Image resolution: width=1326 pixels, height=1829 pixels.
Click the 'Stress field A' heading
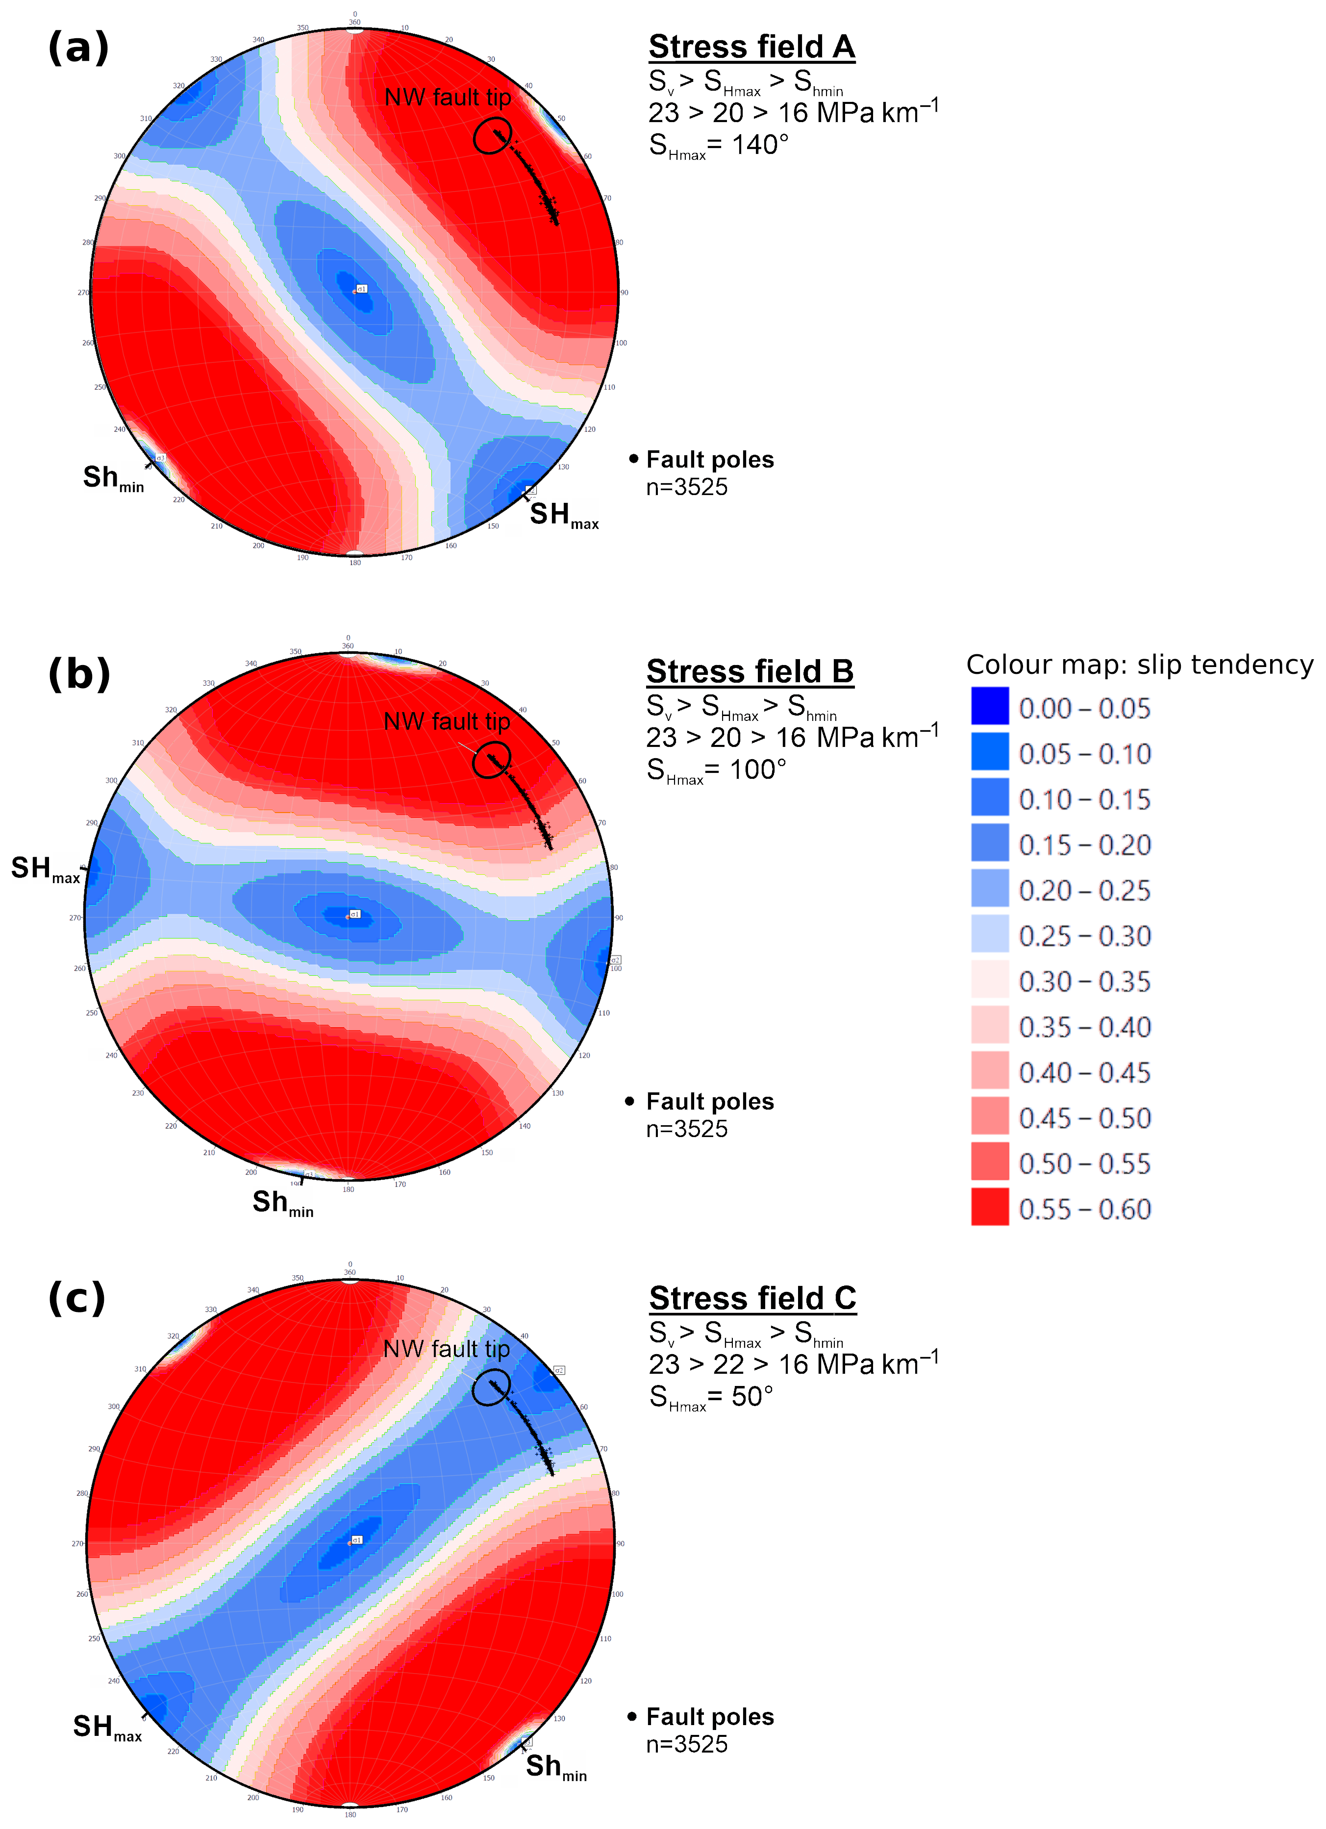pyautogui.click(x=751, y=47)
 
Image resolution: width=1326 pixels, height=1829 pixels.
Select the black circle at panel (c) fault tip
pyautogui.click(x=490, y=1388)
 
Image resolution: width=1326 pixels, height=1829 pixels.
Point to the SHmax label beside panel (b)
pyautogui.click(x=45, y=869)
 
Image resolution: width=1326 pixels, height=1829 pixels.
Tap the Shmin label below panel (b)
pyautogui.click(x=282, y=1203)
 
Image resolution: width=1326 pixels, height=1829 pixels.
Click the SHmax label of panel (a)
pyautogui.click(x=564, y=515)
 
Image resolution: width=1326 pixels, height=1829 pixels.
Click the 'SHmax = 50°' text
pyautogui.click(x=711, y=1397)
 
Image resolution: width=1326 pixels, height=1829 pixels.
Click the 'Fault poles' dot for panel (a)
pyautogui.click(x=633, y=459)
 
